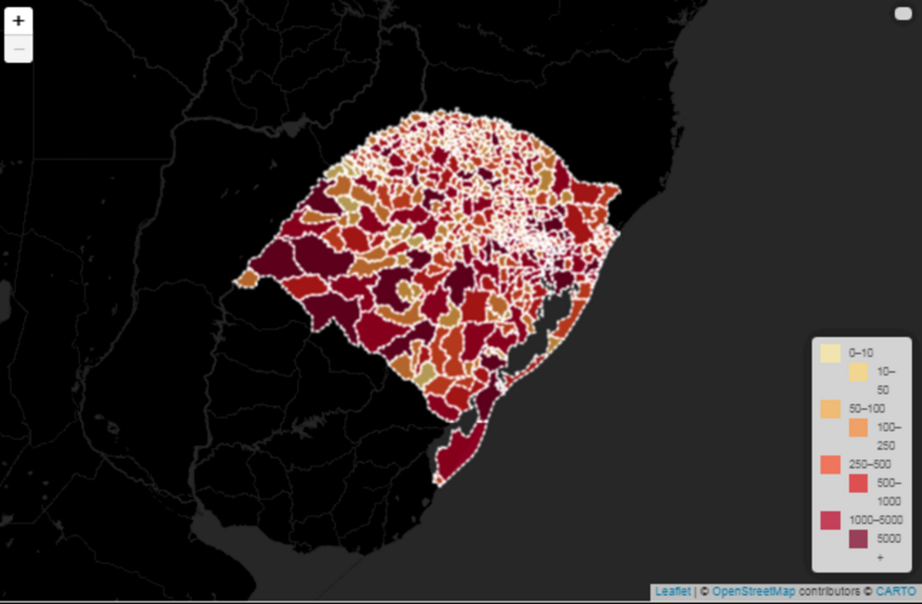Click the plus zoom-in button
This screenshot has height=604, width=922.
(x=18, y=22)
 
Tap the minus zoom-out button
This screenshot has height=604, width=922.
(x=18, y=49)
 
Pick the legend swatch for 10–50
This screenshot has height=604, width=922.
(x=858, y=372)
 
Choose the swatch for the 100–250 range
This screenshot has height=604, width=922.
(x=858, y=428)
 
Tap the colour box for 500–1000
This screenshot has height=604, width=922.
(x=858, y=483)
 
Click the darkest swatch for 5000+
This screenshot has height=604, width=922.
(x=858, y=539)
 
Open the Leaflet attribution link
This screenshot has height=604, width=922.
(x=673, y=591)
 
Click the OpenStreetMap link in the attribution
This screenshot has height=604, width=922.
(x=753, y=591)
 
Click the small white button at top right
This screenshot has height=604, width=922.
(x=903, y=14)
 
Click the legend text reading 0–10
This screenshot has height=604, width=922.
(x=862, y=353)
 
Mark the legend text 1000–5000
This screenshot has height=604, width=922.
(x=874, y=520)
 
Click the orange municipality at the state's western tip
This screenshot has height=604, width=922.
(x=245, y=281)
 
